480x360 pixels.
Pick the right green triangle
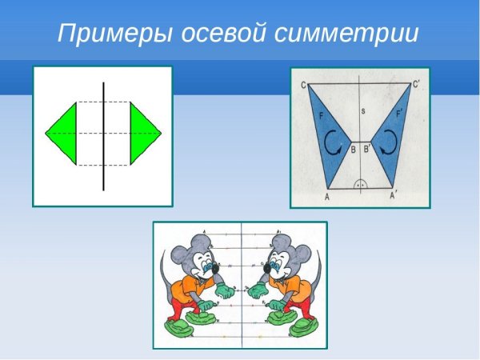click(143, 132)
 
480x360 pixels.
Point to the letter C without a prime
click(304, 85)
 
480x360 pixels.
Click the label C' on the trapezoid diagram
click(418, 85)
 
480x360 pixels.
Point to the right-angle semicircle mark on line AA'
click(361, 183)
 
